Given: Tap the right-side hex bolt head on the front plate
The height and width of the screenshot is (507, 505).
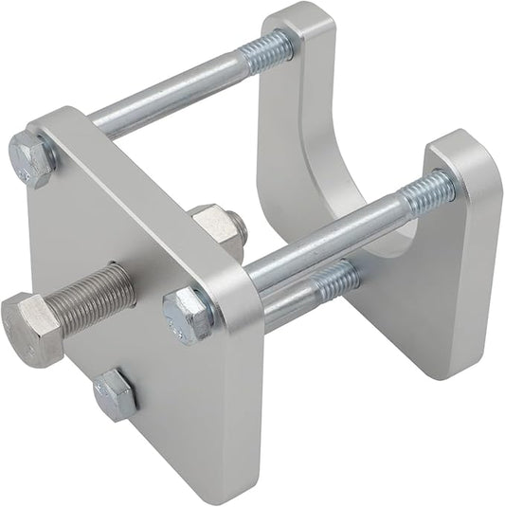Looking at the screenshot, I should click(x=189, y=314).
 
